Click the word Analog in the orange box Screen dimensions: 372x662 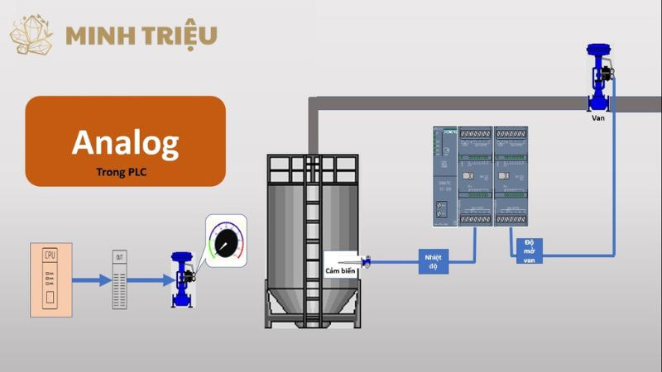click(x=125, y=142)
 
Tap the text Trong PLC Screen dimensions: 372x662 click(x=125, y=174)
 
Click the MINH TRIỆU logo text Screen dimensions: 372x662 click(x=142, y=36)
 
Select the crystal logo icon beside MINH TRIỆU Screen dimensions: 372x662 click(x=31, y=34)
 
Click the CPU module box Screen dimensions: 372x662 click(x=50, y=279)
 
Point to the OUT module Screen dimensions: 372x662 click(x=121, y=279)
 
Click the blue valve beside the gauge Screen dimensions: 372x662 click(x=181, y=279)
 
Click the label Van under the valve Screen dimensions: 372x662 click(x=598, y=117)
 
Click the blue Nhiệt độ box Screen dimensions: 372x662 click(x=434, y=262)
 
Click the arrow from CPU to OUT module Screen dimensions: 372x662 click(x=91, y=280)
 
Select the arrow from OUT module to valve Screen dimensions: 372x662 click(x=149, y=280)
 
